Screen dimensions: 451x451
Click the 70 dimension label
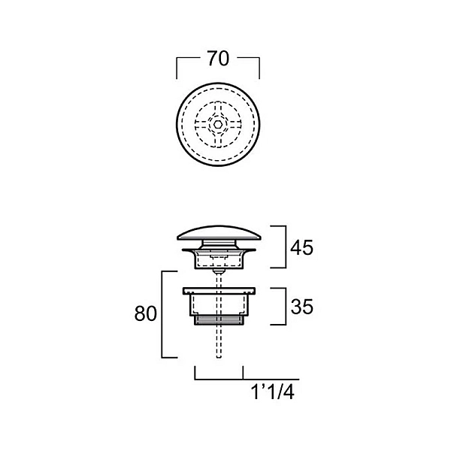click(x=218, y=59)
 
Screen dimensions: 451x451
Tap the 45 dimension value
click(x=301, y=247)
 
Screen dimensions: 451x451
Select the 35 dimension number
click(x=301, y=307)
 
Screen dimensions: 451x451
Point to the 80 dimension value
click(x=146, y=313)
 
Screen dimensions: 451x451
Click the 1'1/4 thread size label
click(x=273, y=392)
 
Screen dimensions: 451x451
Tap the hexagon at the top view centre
click(x=218, y=125)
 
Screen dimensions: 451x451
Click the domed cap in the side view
click(x=219, y=233)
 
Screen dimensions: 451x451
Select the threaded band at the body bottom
click(x=219, y=320)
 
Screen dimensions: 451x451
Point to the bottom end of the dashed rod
click(x=219, y=358)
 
